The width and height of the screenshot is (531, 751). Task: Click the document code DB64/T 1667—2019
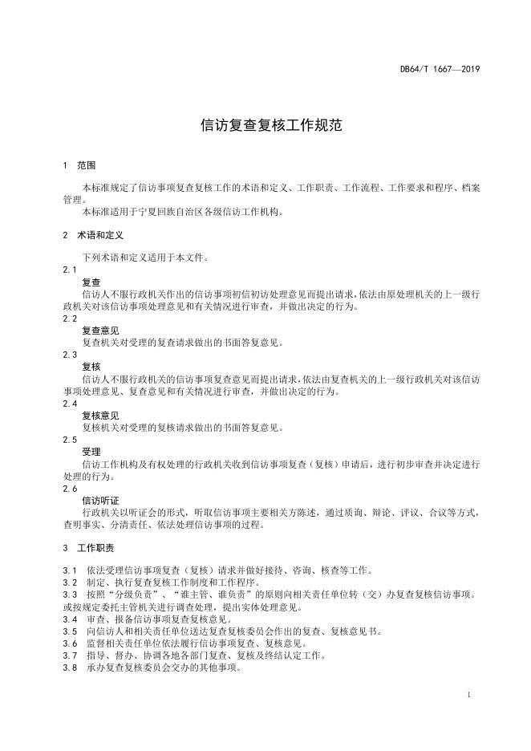(440, 69)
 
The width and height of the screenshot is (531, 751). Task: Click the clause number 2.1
(71, 270)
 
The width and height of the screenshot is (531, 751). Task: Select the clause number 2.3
(71, 354)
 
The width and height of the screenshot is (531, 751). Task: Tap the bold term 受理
(91, 452)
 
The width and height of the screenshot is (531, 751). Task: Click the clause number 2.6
(71, 488)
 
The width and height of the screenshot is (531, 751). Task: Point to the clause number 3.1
(70, 570)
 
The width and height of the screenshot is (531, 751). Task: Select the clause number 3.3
(70, 595)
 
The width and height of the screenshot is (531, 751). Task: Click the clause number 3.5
(70, 631)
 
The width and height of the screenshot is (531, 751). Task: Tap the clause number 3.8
(70, 668)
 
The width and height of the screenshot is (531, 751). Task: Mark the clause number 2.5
(71, 440)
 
